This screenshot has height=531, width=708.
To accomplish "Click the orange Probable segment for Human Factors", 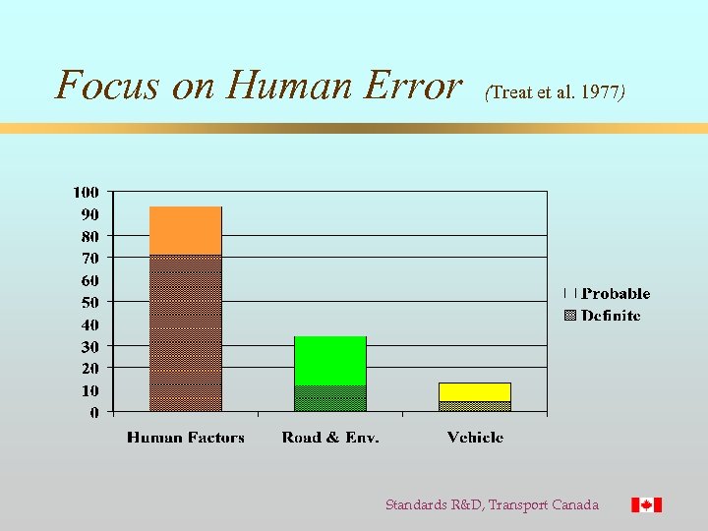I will (x=185, y=230).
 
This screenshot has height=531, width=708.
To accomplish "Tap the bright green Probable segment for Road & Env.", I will (x=329, y=360).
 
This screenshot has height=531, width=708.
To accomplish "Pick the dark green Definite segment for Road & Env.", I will (x=329, y=398).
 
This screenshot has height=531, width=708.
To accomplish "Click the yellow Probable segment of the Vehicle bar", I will (x=474, y=391).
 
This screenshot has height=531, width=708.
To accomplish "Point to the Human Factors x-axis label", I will (x=185, y=437).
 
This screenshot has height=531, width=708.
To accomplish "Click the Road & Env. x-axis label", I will (x=329, y=437).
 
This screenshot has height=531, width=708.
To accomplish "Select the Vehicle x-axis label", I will (x=475, y=437).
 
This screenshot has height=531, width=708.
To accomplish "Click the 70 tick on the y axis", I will (x=89, y=258).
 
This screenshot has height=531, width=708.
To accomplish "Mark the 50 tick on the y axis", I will (x=89, y=302).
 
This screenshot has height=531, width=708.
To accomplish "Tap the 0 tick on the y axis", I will (x=93, y=412).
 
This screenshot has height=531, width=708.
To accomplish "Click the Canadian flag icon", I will (x=646, y=504).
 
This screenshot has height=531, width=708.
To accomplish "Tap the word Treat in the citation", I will (x=509, y=92).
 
